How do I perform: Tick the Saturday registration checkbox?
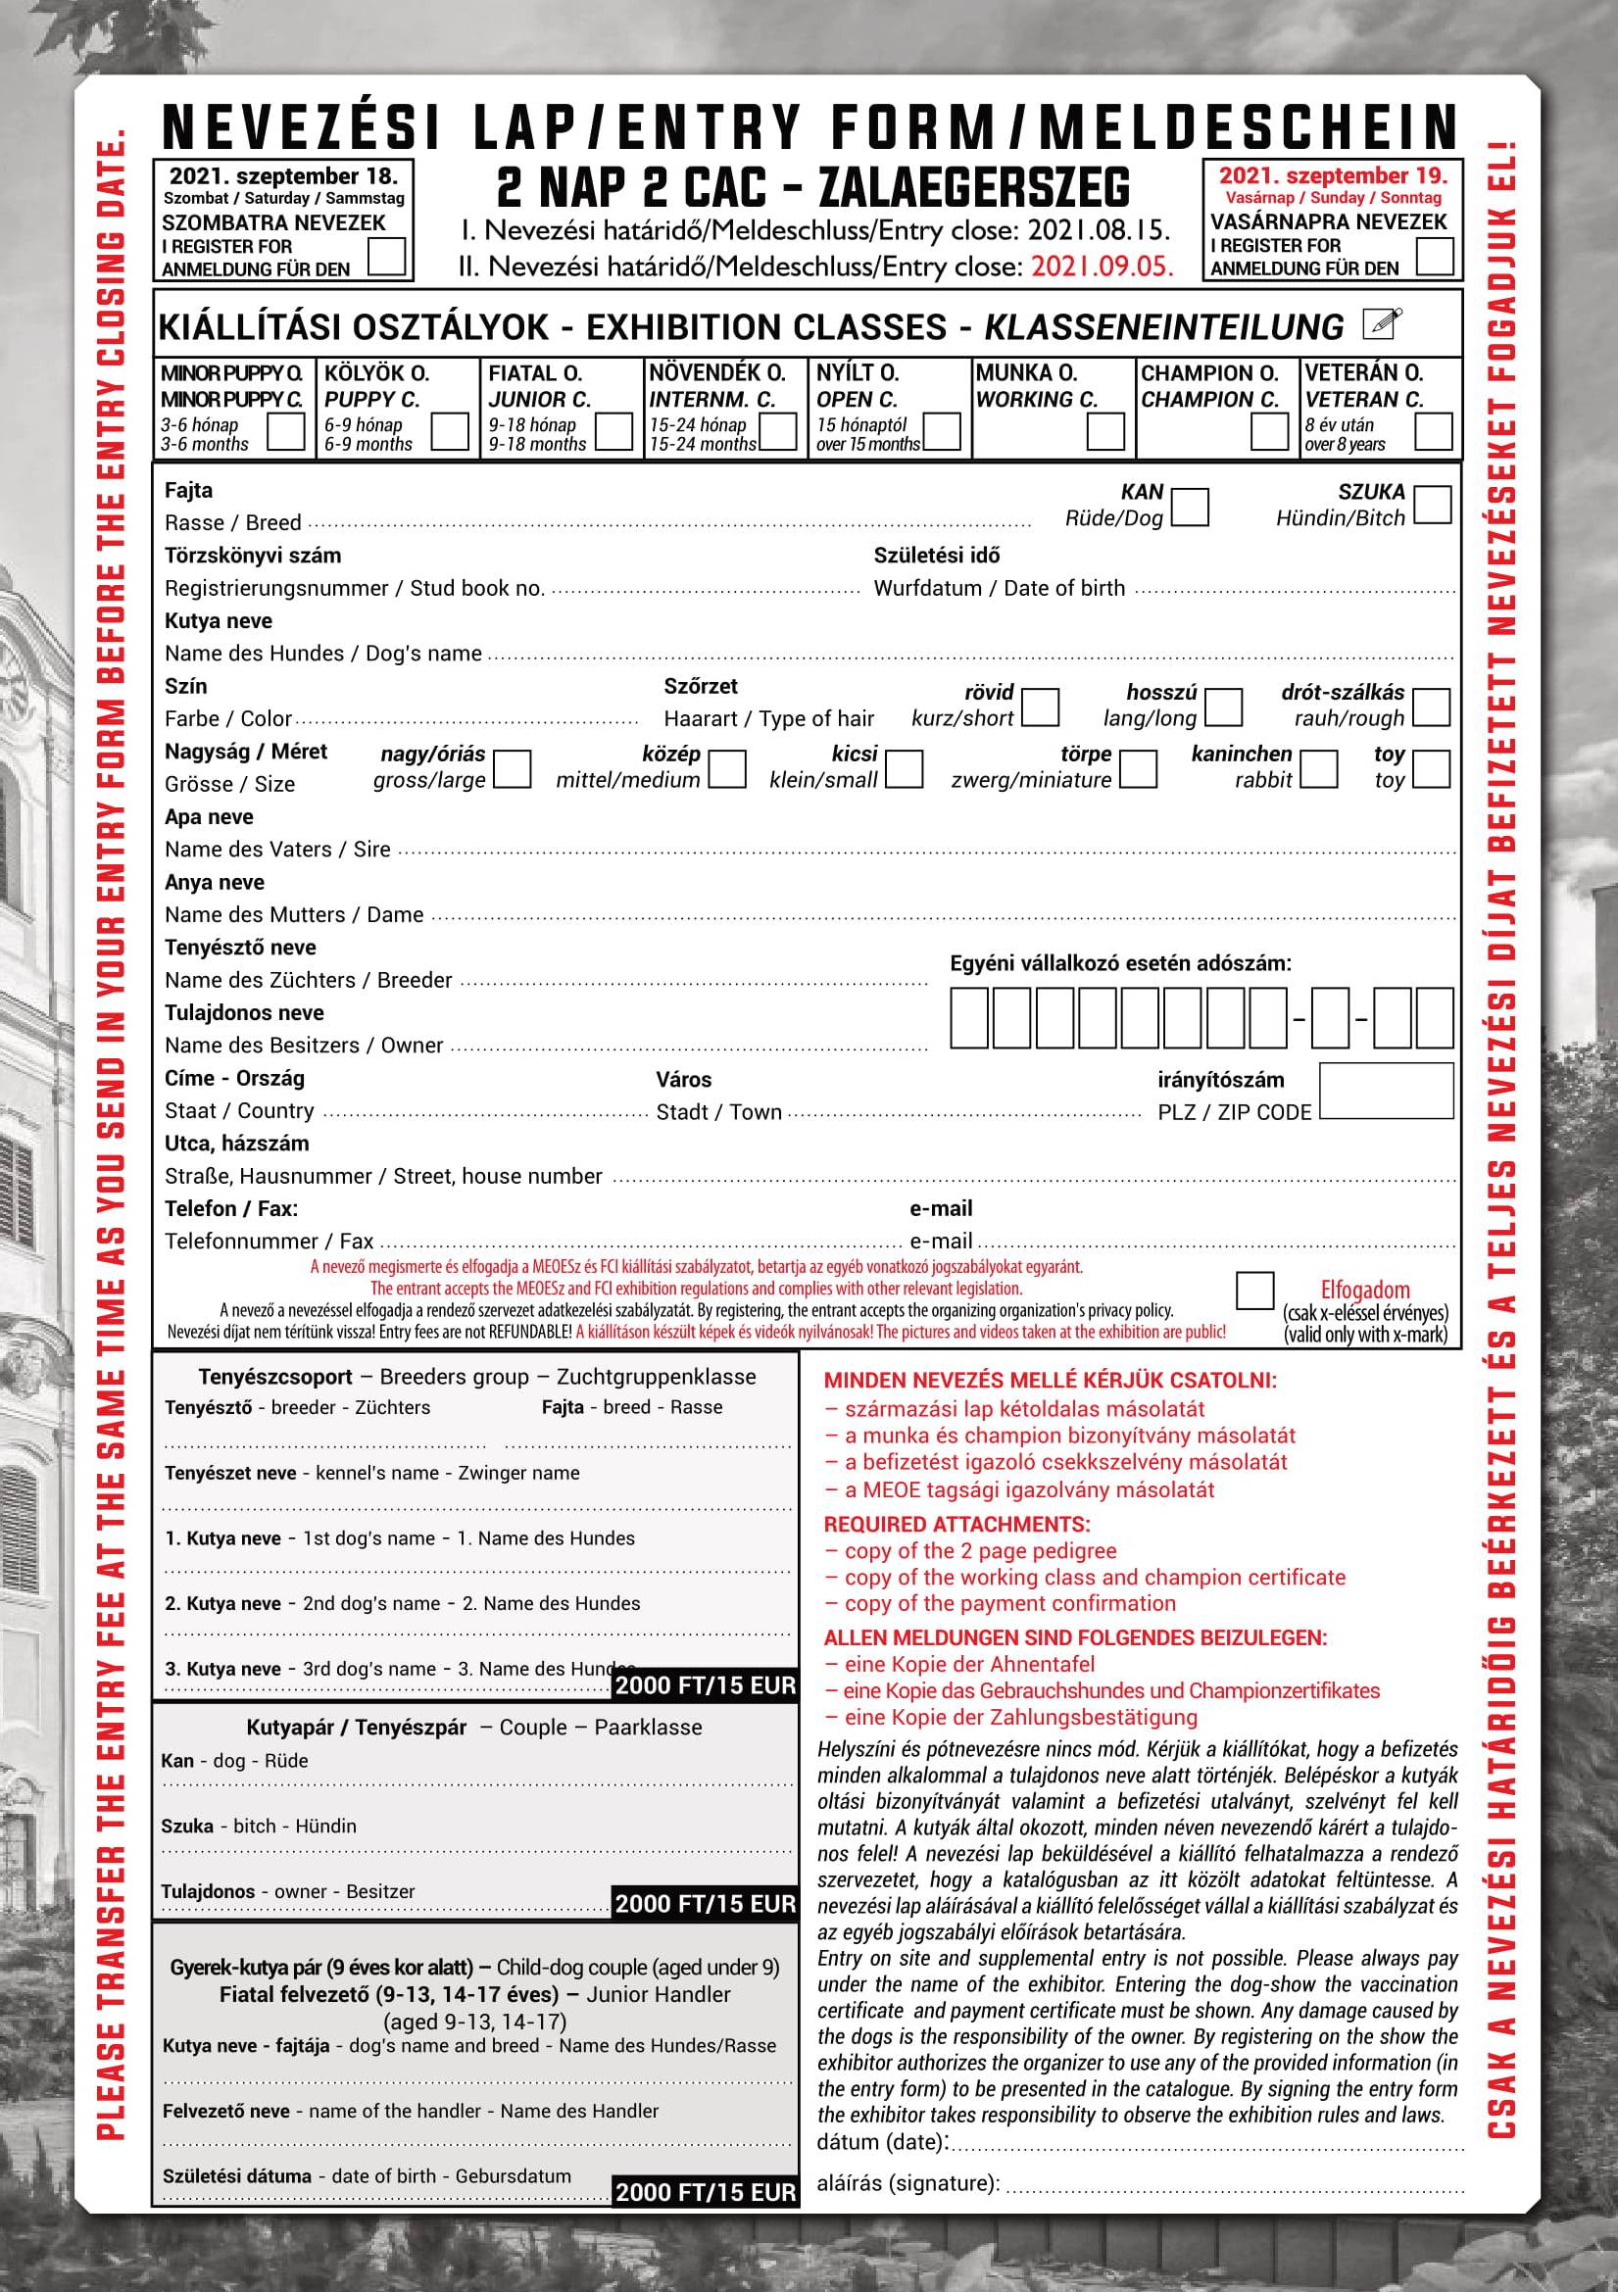386,256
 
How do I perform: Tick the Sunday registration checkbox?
1435,255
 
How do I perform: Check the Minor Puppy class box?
285,432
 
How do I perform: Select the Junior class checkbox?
613,432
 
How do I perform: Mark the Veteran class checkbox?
1434,432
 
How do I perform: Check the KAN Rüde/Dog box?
1190,506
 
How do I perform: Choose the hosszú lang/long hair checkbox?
1224,707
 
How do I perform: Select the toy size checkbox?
1432,768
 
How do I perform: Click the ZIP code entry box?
1386,1090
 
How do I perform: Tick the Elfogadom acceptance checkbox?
1254,1291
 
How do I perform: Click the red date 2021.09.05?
1102,267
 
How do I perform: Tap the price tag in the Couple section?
705,1904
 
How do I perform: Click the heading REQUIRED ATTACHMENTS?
956,1525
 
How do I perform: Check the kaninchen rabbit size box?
1318,768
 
